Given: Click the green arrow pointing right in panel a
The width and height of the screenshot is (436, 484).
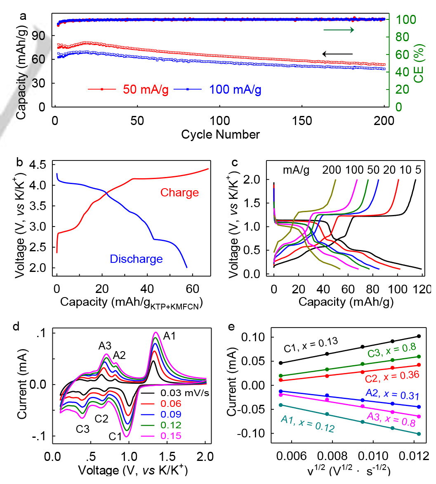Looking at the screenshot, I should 339,30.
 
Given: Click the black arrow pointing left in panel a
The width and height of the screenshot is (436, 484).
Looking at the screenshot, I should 337,54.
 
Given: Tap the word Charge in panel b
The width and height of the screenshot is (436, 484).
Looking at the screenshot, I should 180,193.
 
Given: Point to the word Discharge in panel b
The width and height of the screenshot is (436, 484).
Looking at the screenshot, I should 136,259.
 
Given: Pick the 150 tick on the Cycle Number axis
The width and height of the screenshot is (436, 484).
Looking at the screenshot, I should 302,120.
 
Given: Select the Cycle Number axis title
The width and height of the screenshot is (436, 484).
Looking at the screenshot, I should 221,135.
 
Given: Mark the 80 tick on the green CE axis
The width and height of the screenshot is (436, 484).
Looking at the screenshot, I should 403,37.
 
